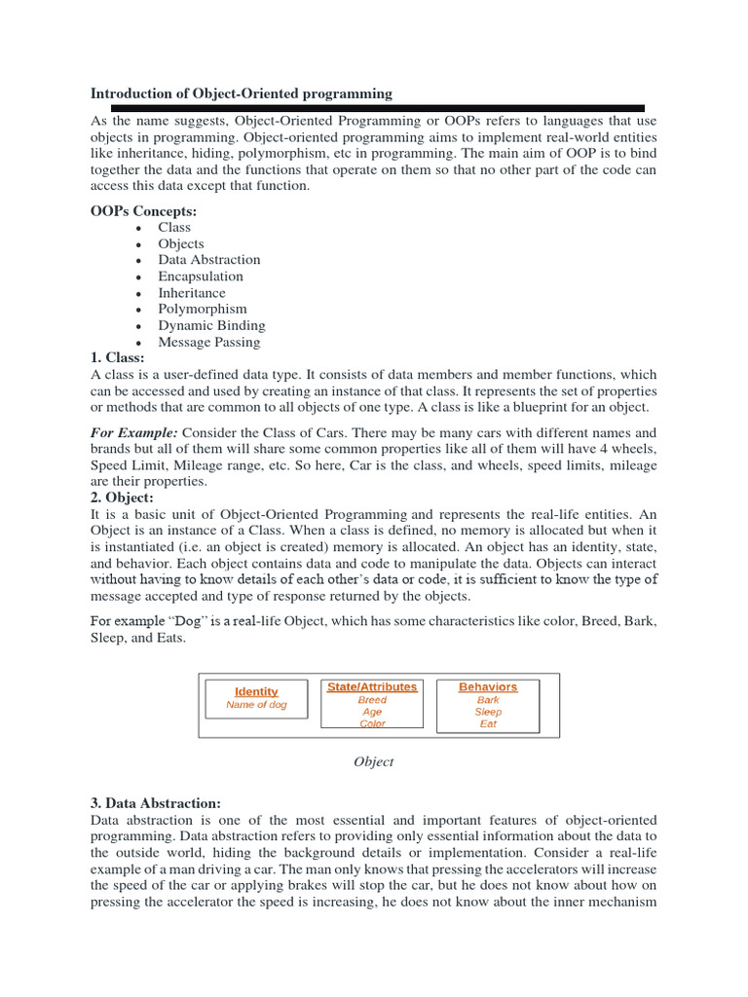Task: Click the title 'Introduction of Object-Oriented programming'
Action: [242, 93]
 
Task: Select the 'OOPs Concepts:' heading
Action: [142, 210]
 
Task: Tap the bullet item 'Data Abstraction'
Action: [209, 260]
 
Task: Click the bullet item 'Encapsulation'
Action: [201, 277]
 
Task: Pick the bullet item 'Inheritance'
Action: [192, 293]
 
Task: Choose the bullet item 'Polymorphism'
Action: [203, 309]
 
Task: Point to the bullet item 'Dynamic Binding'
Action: [211, 325]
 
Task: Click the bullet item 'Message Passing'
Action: [209, 342]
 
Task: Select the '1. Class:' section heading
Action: [117, 358]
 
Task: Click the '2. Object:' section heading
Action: [122, 498]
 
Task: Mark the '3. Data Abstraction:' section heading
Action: [156, 803]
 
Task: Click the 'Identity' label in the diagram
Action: [256, 691]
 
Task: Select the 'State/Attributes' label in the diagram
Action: [372, 686]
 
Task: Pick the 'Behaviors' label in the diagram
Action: [488, 686]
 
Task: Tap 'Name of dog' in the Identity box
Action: [256, 705]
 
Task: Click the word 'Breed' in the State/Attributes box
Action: [372, 700]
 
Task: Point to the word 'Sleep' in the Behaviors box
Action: [488, 712]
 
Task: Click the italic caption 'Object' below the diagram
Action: [373, 761]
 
